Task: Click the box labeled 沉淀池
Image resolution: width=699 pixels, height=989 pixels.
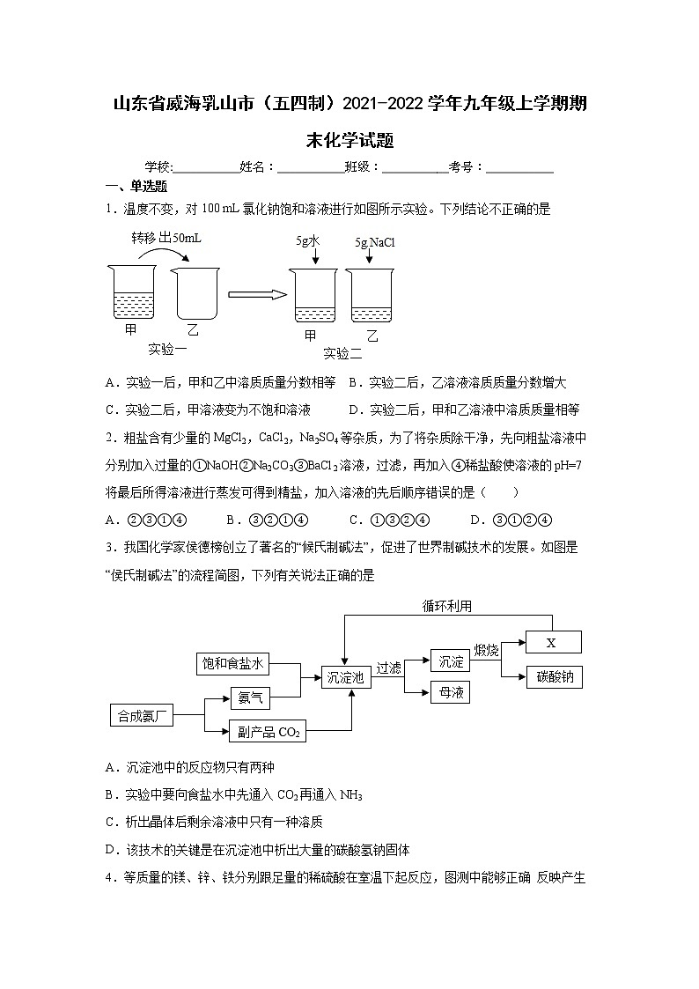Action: (345, 677)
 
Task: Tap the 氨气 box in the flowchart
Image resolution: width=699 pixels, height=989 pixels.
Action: (250, 698)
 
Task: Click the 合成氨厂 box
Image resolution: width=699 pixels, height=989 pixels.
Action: (141, 715)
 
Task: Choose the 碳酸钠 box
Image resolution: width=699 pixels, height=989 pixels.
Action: (555, 677)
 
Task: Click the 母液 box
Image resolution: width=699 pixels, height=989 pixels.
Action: (450, 693)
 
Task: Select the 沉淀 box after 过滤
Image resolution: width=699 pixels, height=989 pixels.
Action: (450, 661)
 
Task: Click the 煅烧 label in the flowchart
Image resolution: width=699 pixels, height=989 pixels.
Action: (486, 650)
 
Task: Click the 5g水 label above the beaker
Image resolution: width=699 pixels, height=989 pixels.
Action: (308, 240)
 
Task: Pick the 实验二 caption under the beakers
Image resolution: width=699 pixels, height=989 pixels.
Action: (342, 353)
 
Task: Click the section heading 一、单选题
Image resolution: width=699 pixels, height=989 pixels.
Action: (136, 186)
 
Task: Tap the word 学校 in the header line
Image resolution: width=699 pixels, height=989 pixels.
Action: (158, 166)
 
